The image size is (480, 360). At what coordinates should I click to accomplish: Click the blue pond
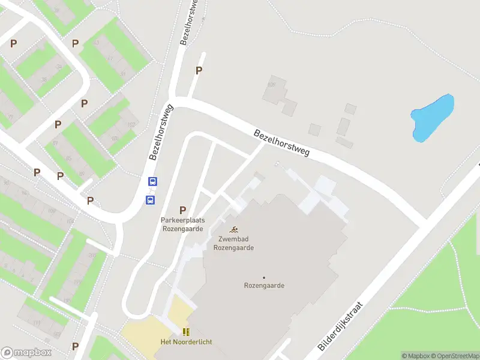coord(431,118)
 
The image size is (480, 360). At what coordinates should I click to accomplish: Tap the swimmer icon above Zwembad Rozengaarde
coord(233,230)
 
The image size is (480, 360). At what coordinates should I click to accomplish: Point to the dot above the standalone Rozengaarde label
coord(264,277)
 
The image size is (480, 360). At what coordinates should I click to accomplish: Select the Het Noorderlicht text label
coord(186,342)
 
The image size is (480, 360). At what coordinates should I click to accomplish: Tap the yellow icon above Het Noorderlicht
coord(186,331)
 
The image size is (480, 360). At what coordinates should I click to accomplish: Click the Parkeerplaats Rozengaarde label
coord(183,224)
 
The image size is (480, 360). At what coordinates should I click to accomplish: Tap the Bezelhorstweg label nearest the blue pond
coord(281,143)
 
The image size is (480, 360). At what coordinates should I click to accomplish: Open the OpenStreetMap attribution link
coord(454,356)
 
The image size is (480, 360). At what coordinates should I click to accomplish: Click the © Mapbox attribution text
coord(416,356)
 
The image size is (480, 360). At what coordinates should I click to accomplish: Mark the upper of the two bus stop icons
coord(153,181)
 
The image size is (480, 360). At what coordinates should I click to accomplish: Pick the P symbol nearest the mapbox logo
coord(75,346)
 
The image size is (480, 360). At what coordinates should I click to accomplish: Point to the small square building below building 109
coord(314,129)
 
